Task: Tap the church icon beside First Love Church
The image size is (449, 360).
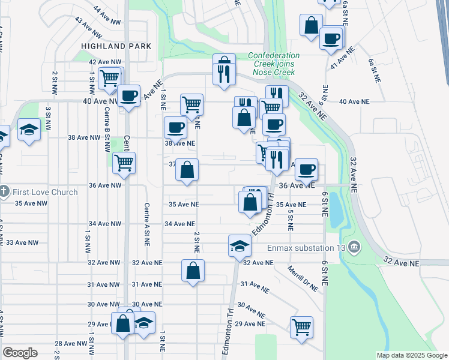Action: coord(4,192)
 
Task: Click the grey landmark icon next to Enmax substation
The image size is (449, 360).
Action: coord(354,247)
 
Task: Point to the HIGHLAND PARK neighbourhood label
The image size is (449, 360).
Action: coord(116,46)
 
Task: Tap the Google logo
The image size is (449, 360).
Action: coord(20,353)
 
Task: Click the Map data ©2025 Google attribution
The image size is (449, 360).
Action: coord(411,355)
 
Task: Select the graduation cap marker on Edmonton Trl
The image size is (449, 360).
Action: coord(239,245)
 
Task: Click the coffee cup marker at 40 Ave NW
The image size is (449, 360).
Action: coord(129,95)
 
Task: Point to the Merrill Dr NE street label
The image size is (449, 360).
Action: coord(303,278)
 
